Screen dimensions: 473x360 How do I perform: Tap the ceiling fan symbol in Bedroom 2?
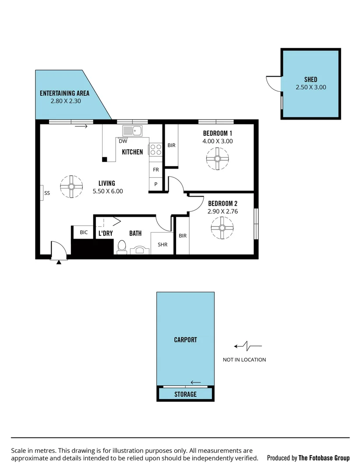(222, 228)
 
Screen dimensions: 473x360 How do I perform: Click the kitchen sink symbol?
(132, 130)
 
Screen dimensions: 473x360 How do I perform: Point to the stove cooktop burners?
(155, 150)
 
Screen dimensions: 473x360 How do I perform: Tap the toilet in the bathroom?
(122, 247)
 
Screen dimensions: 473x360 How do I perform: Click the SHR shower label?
(162, 245)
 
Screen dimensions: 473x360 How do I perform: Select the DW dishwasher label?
(123, 141)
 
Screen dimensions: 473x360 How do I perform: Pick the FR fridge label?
(155, 169)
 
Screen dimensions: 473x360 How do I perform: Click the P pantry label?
(155, 184)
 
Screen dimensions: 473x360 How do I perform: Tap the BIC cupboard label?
(84, 232)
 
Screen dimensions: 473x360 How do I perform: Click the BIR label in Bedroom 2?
(183, 236)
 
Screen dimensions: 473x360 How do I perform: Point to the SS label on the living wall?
(47, 192)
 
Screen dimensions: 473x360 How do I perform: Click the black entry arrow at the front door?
(59, 262)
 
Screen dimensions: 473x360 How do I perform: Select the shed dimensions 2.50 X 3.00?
(311, 87)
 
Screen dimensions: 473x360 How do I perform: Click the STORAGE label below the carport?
(185, 394)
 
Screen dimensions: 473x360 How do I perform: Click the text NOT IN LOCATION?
(244, 360)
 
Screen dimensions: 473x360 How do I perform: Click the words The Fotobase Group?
(324, 458)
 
